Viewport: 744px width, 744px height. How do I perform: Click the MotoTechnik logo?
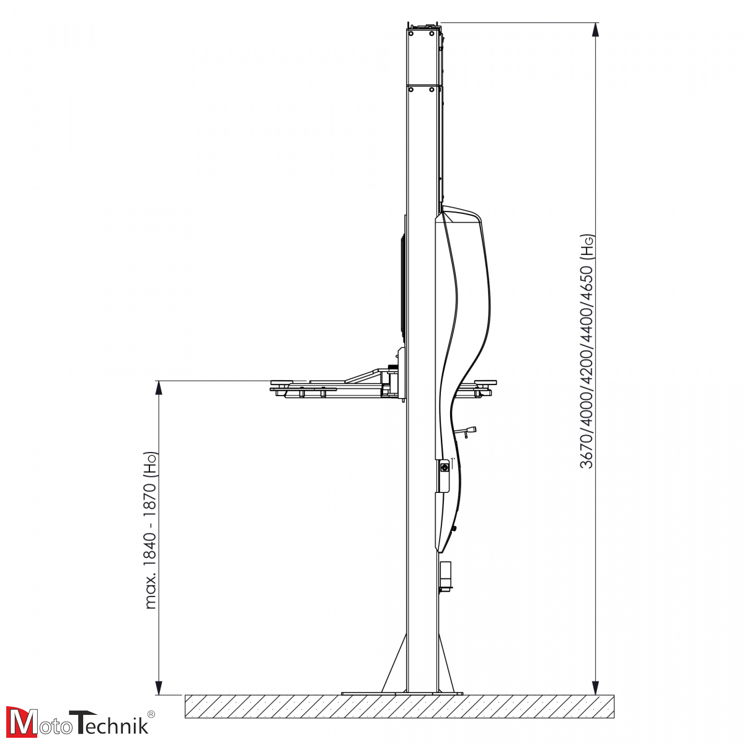pyautogui.click(x=80, y=722)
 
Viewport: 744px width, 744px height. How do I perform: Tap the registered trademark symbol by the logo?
pyautogui.click(x=151, y=714)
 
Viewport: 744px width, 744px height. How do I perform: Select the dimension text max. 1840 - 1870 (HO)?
pyautogui.click(x=151, y=530)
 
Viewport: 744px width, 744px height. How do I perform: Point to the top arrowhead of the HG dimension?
pyautogui.click(x=596, y=30)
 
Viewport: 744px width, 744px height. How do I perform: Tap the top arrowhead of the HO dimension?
pyautogui.click(x=158, y=388)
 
